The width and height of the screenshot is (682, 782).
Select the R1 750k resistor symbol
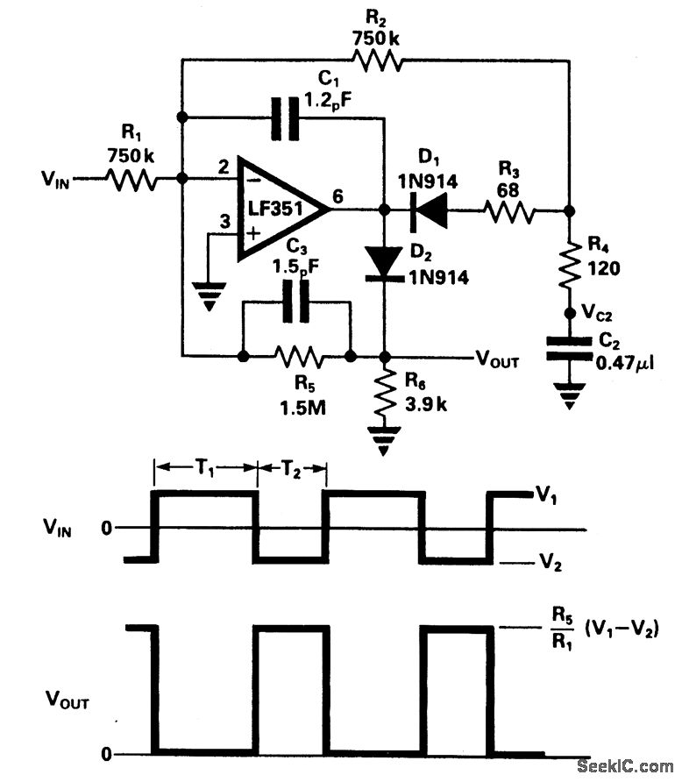pyautogui.click(x=131, y=179)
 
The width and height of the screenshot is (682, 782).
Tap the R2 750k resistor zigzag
pyautogui.click(x=377, y=60)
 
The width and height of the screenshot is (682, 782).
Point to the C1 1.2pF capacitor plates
pyautogui.click(x=285, y=118)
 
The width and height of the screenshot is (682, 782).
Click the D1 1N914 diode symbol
pyautogui.click(x=429, y=210)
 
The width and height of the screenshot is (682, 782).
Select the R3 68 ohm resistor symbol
pyautogui.click(x=509, y=211)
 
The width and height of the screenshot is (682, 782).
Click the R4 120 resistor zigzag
pyautogui.click(x=570, y=266)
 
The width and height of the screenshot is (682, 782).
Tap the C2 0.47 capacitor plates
pyautogui.click(x=569, y=348)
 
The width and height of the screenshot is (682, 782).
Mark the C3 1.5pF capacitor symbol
pyautogui.click(x=296, y=302)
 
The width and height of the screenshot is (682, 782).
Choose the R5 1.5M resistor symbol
pyautogui.click(x=299, y=357)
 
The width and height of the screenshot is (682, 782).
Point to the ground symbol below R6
pyautogui.click(x=384, y=440)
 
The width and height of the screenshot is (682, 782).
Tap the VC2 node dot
pyautogui.click(x=569, y=313)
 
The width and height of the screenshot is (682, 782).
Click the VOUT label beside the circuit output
pyautogui.click(x=497, y=359)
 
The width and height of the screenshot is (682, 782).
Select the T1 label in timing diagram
pyautogui.click(x=204, y=468)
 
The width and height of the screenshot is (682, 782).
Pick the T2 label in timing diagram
pyautogui.click(x=292, y=468)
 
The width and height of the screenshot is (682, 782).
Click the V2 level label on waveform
pyautogui.click(x=551, y=562)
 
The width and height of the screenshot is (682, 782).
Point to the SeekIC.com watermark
pyautogui.click(x=625, y=765)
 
